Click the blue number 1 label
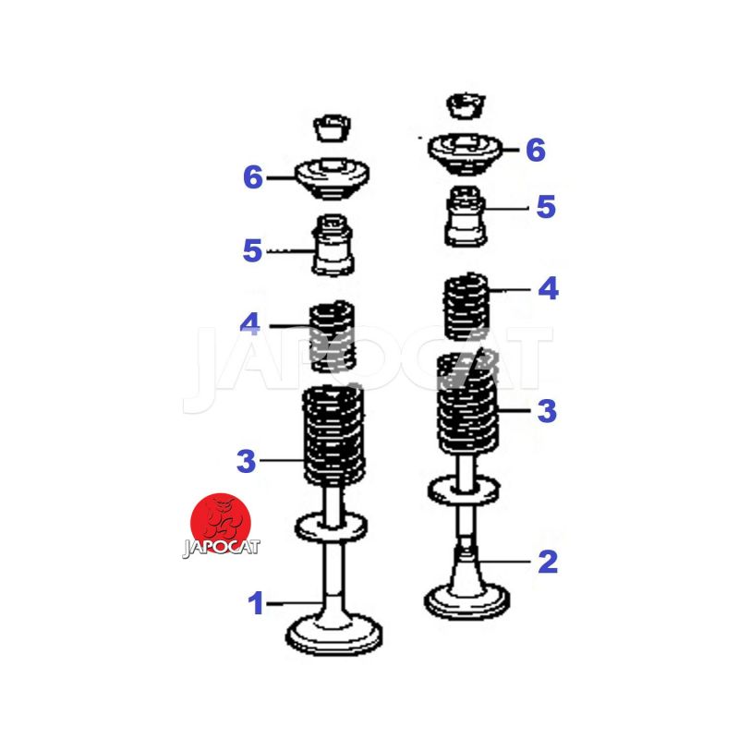click(x=256, y=603)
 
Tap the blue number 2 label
click(x=548, y=562)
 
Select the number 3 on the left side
click(x=246, y=460)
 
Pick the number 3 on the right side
click(x=547, y=411)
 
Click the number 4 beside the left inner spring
click(x=249, y=323)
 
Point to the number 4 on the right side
click(x=548, y=288)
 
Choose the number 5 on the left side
click(x=252, y=250)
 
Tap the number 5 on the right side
click(x=546, y=206)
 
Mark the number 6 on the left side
click(x=252, y=177)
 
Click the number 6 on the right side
click(x=536, y=150)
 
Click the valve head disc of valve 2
click(x=466, y=601)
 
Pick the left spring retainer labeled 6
click(x=332, y=178)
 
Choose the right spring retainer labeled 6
click(x=465, y=153)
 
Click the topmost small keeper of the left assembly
click(x=332, y=127)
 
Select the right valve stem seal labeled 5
click(x=466, y=216)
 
